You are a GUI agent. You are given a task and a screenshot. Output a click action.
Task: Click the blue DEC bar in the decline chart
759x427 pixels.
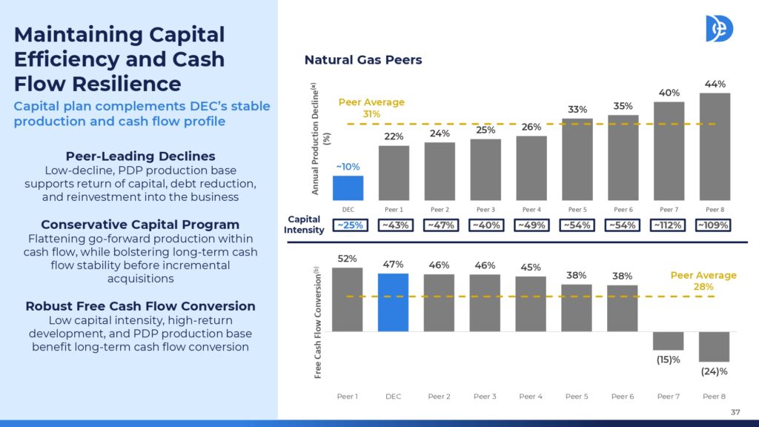[348, 188]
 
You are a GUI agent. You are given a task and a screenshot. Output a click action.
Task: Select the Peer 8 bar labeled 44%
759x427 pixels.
[715, 147]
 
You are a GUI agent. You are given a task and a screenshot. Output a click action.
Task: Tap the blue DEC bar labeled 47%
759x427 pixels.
[393, 302]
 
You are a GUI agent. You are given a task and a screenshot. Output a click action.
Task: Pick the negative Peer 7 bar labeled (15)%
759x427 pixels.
[668, 341]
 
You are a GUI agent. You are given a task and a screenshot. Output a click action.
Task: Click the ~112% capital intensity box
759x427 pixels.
[668, 225]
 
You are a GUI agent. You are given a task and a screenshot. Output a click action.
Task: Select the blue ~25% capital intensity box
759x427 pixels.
[350, 225]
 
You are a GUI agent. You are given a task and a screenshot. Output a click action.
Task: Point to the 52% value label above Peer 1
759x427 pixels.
[347, 259]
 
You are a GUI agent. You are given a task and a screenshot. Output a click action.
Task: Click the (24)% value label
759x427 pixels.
[714, 371]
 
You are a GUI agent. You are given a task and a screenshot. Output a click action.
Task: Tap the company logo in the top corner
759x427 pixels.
[719, 28]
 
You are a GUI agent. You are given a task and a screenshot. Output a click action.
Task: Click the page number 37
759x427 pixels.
[735, 412]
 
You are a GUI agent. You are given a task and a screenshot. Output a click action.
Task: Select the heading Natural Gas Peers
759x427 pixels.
[363, 60]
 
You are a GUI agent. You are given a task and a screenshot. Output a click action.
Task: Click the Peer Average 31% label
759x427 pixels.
[371, 108]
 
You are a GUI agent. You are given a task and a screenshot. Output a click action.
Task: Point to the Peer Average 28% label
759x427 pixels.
[703, 281]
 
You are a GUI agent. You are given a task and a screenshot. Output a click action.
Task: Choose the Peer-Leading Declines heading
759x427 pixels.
[140, 156]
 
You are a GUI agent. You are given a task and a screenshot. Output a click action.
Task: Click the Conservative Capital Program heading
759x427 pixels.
[140, 225]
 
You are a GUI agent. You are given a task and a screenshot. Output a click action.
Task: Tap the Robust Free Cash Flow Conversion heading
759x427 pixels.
[140, 306]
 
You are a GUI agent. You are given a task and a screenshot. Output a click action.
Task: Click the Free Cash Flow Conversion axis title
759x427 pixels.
[317, 322]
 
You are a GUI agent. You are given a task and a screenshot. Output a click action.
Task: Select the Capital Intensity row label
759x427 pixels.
[304, 225]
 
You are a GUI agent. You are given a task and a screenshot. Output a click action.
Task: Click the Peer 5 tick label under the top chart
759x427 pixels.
[577, 210]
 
